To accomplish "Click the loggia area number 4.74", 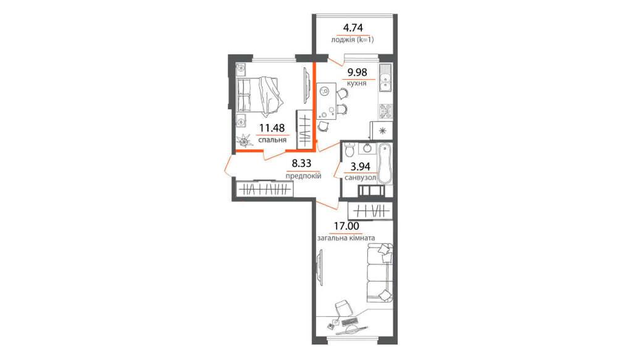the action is pos(353,28).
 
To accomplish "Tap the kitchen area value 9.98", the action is pos(357,73).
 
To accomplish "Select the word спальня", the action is pos(272,140).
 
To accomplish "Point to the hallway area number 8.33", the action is pos(301,163).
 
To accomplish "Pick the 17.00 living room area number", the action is pos(346,226).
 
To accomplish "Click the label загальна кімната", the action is pos(346,238).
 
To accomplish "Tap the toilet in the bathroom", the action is pos(349,150).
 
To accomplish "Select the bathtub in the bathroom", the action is pos(385,164).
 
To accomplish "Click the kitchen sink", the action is pos(385,78).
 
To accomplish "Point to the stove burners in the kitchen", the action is pos(385,111).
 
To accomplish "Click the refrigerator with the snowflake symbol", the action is pos(382,131).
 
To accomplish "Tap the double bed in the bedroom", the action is pos(259,95).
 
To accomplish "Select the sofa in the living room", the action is pos(380,273).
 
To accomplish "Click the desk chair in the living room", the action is pos(343,308).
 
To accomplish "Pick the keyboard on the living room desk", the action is pos(349,320).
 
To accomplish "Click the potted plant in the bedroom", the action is pos(243,141).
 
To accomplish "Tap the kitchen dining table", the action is pos(326,102).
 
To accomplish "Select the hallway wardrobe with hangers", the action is pos(264,189).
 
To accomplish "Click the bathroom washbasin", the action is pos(367,148).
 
